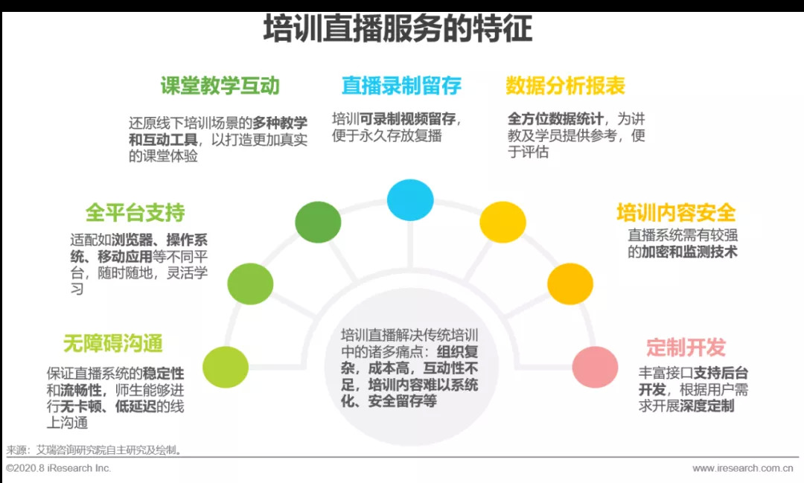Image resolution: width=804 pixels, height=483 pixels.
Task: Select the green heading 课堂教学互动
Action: [x=220, y=86]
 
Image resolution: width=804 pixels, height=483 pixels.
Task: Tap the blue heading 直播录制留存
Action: [x=401, y=86]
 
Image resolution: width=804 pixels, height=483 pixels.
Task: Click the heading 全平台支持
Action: [x=135, y=213]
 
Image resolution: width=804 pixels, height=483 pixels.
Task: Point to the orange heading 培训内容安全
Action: [x=675, y=213]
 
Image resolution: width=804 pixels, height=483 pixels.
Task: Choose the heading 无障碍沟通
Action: [x=112, y=343]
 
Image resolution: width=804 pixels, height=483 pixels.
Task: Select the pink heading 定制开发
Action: [x=685, y=348]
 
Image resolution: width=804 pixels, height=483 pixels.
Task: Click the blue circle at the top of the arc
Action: [x=410, y=199]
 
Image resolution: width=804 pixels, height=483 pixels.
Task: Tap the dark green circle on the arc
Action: [x=318, y=222]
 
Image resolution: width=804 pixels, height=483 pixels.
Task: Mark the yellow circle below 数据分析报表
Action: [x=502, y=222]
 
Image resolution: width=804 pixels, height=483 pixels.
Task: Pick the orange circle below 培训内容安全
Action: [x=570, y=284]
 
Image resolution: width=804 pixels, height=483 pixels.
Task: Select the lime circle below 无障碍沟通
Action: [x=226, y=367]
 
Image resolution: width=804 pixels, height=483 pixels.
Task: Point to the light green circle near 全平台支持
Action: [x=250, y=284]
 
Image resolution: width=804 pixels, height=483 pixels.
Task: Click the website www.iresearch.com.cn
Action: [x=742, y=468]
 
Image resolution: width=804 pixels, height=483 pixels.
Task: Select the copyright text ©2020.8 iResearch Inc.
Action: [x=58, y=468]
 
